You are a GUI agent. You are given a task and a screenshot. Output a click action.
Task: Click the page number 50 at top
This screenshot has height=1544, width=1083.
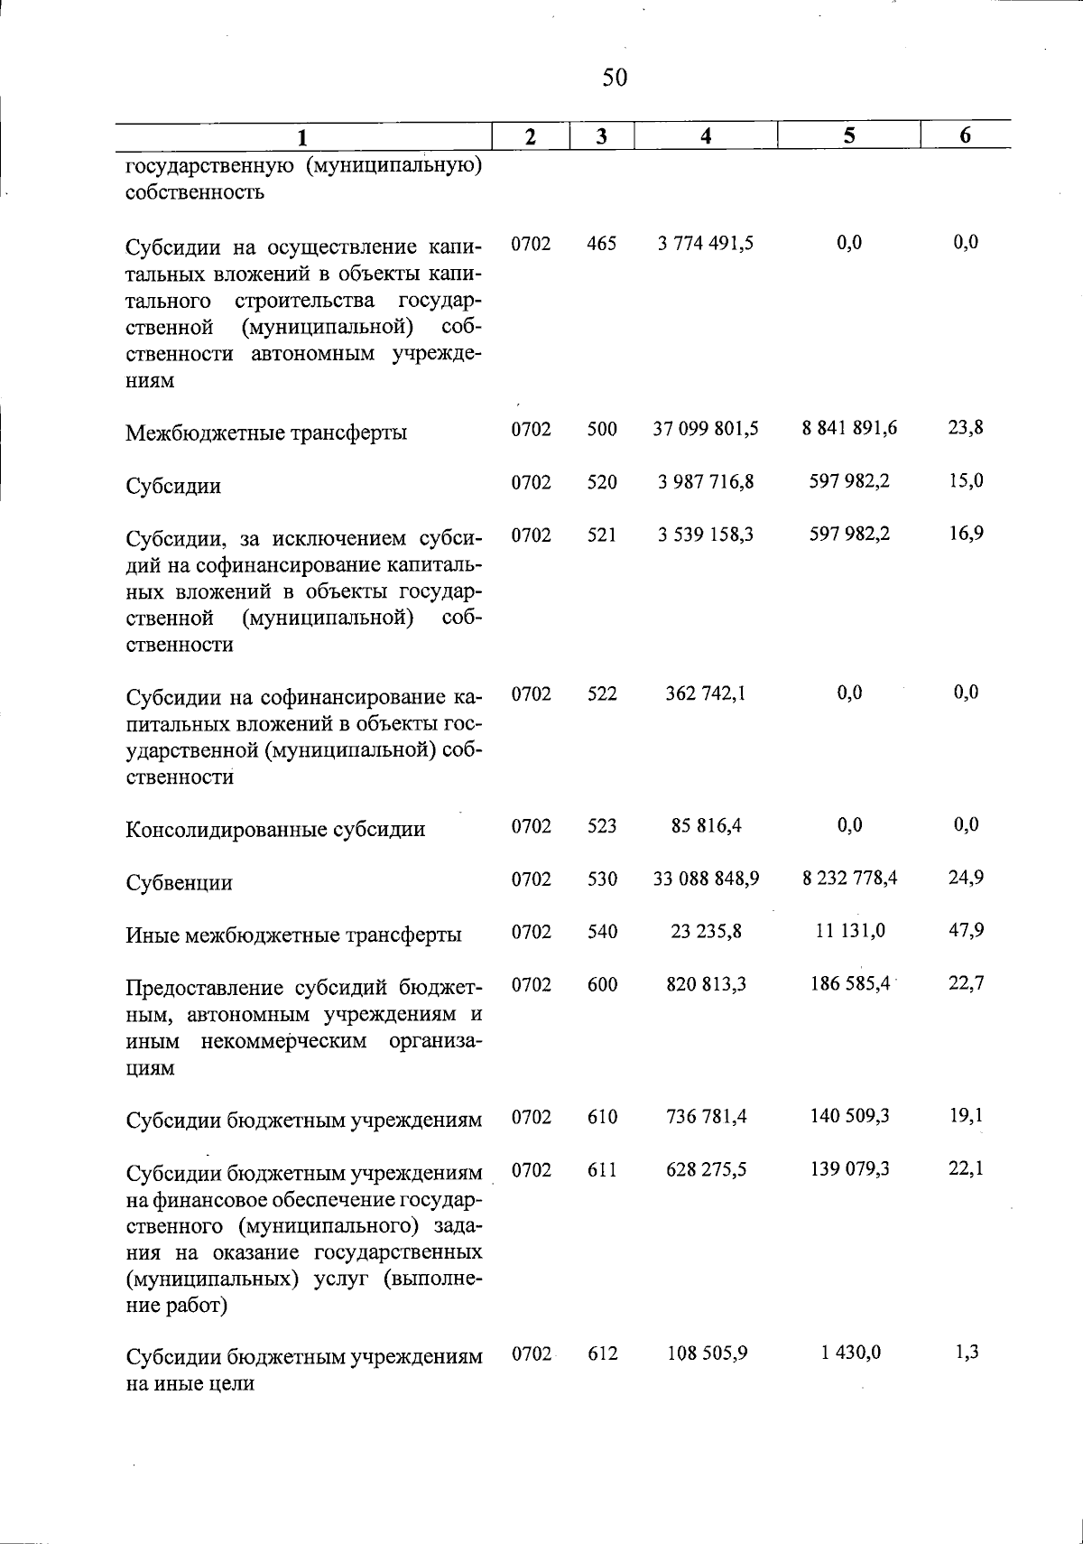click(614, 78)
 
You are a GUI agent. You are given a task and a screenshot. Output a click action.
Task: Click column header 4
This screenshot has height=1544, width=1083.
click(706, 135)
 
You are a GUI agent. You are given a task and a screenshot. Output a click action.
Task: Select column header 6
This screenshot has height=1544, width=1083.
click(965, 135)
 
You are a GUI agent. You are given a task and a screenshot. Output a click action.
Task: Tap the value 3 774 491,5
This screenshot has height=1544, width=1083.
click(706, 243)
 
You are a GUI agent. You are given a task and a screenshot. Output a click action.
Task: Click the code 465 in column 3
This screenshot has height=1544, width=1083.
click(601, 243)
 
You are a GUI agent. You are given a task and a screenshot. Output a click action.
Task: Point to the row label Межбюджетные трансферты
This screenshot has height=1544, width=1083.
click(266, 433)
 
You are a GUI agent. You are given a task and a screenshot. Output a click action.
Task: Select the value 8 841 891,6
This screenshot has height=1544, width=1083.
click(849, 428)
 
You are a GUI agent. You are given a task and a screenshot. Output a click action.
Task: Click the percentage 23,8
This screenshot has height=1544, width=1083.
click(965, 428)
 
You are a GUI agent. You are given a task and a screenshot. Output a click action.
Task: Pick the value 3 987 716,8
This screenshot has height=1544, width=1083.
click(706, 481)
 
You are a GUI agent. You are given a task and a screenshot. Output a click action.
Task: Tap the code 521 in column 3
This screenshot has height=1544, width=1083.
click(601, 535)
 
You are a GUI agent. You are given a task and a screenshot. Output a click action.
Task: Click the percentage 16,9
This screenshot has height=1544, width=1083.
click(965, 535)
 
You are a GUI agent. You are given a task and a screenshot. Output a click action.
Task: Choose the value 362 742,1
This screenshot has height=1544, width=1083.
click(706, 693)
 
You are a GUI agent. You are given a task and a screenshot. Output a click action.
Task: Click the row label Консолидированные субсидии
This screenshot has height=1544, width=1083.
click(275, 829)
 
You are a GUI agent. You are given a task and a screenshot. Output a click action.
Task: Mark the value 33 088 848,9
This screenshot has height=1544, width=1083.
click(706, 879)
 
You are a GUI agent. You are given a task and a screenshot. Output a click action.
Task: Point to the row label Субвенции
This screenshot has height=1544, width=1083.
click(179, 883)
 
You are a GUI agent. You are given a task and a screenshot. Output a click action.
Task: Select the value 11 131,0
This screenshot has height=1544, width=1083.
click(849, 931)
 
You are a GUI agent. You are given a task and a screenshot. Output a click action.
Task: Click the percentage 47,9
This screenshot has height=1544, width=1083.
click(965, 931)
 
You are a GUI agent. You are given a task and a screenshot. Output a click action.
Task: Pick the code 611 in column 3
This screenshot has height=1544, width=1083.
click(601, 1169)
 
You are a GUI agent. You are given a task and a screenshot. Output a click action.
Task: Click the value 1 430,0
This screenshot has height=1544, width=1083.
click(849, 1353)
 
